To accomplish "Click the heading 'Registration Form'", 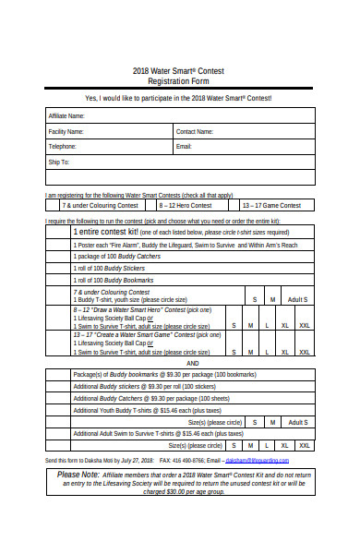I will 179,80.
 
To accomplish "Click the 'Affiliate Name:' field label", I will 66,116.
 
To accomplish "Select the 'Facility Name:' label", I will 66,132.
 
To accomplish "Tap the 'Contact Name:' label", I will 195,132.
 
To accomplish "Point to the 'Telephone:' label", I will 63,147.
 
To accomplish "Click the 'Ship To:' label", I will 59,162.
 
